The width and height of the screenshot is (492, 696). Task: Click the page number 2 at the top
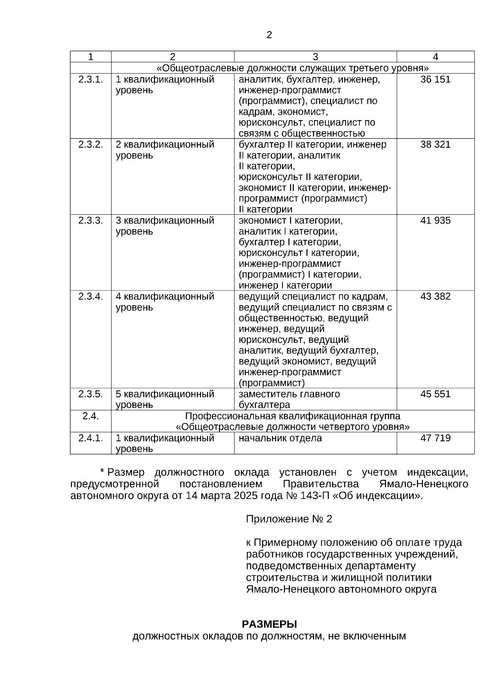click(x=269, y=35)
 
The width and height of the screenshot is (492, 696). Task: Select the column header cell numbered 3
click(x=315, y=57)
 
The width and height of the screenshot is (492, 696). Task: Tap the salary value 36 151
click(x=435, y=80)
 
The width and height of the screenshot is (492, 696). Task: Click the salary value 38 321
click(x=435, y=145)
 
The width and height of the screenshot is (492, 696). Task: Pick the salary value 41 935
click(x=435, y=221)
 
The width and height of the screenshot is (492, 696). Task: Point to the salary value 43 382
click(x=435, y=297)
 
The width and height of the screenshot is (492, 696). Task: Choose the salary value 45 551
click(x=435, y=394)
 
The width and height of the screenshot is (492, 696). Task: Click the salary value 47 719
click(x=435, y=438)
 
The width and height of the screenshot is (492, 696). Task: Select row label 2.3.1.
click(x=90, y=80)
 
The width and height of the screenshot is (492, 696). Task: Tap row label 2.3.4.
click(x=90, y=297)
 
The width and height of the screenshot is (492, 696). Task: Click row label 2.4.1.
click(x=90, y=438)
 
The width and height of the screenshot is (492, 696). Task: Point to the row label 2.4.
click(x=90, y=416)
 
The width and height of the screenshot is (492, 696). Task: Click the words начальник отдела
click(x=280, y=438)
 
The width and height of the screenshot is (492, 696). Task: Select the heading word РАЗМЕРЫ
click(x=269, y=625)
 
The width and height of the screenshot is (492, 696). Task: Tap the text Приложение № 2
click(x=289, y=519)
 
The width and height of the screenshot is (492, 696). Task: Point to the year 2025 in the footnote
click(x=245, y=495)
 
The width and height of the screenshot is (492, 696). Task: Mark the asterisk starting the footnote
click(x=102, y=471)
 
